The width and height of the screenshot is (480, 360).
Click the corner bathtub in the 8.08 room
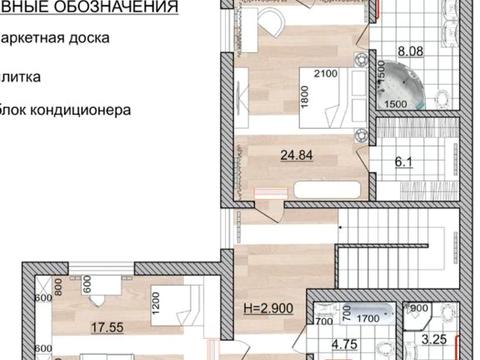click(x=413, y=83)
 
